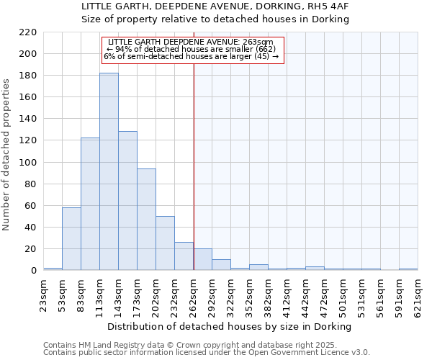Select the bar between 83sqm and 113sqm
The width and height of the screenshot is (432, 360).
click(90, 204)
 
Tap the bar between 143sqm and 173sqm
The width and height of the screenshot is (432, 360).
click(127, 201)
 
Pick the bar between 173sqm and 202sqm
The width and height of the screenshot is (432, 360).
click(146, 220)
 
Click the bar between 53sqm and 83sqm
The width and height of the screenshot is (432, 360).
click(71, 238)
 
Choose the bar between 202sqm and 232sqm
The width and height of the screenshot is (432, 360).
click(165, 243)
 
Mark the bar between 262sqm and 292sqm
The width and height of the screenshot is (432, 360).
click(202, 259)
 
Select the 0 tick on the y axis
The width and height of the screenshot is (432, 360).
click(33, 271)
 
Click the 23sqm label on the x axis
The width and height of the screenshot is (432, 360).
click(44, 294)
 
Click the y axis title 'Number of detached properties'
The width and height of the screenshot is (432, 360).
click(8, 155)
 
